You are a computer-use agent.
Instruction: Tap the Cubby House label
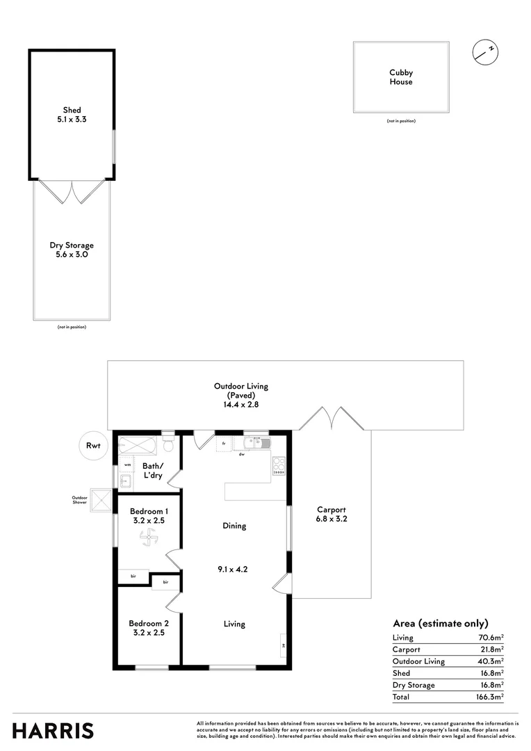pos(401,77)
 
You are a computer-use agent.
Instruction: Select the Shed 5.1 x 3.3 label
pos(72,115)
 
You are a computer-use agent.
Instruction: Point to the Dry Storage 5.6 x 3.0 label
pos(72,250)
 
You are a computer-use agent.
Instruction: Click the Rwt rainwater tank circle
pos(92,446)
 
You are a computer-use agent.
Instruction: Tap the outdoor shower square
pos(103,499)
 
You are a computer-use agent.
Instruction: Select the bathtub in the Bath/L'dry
pos(138,444)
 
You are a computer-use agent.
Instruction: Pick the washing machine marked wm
pos(127,464)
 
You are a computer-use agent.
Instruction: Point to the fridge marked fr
pos(224,444)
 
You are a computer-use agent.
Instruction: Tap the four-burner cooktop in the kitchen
pos(279,465)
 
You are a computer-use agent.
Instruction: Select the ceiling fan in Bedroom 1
pos(149,537)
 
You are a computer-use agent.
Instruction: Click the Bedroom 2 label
pos(149,628)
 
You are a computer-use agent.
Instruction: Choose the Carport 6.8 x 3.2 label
pos(332,513)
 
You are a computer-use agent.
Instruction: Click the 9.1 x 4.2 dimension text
pos(234,568)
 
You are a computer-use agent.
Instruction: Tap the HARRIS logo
pos(53,730)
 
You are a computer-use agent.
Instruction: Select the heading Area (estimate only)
pos(441,623)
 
